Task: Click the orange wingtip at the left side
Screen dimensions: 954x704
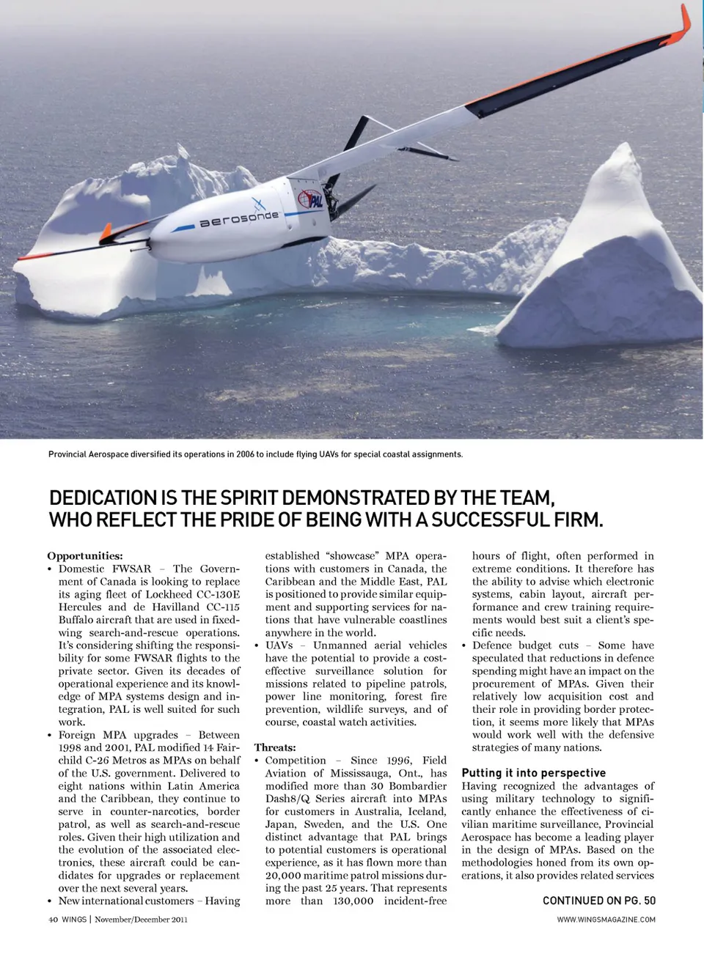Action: pos(106,234)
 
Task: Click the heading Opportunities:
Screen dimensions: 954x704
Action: pos(85,556)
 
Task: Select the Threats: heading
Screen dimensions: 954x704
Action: pos(275,747)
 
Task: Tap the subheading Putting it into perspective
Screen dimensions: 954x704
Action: pos(533,773)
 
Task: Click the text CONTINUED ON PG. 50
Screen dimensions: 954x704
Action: pos(598,901)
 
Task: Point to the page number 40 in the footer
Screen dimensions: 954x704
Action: pos(53,920)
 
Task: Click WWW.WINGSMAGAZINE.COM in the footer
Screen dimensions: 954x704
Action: pos(606,920)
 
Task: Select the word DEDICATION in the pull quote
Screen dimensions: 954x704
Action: pos(103,498)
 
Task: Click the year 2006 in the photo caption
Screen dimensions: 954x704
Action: pos(245,454)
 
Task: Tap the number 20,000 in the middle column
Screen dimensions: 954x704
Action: pos(282,876)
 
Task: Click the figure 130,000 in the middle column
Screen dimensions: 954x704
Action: pos(353,901)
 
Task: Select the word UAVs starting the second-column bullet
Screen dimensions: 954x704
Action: pos(279,646)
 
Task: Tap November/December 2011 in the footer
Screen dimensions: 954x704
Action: pos(141,920)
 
